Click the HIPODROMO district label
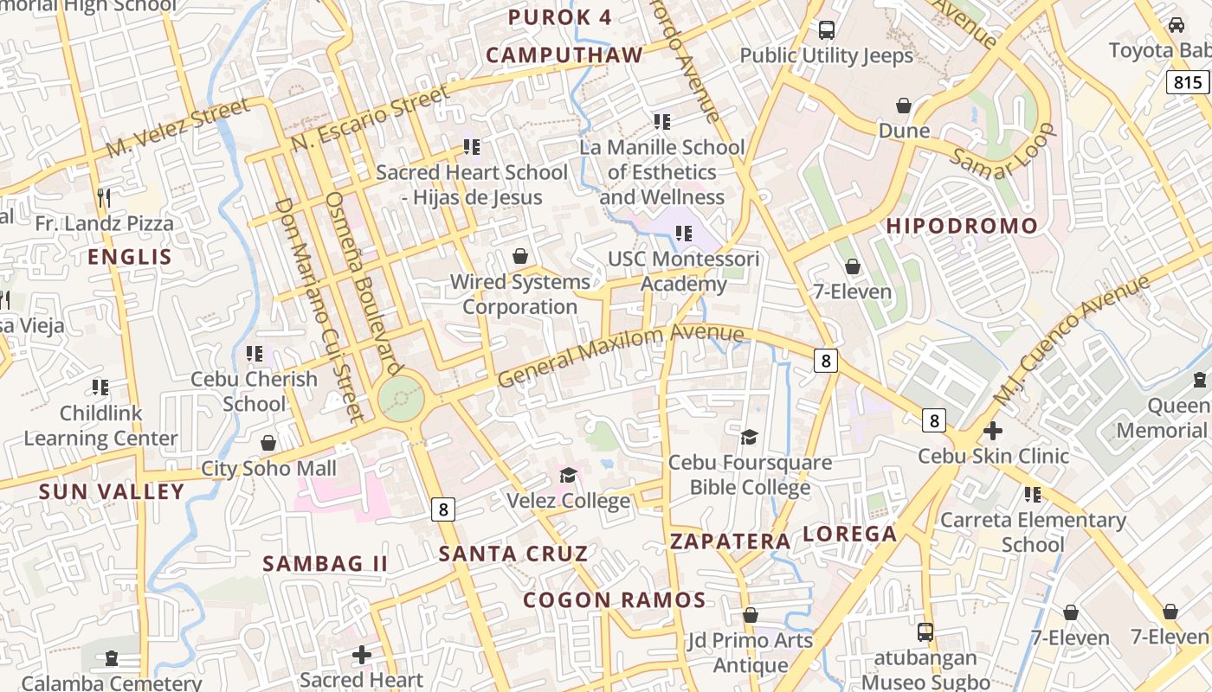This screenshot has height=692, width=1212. point(962,227)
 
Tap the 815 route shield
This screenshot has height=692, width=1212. point(1189,82)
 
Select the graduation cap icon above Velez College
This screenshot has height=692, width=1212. point(568,475)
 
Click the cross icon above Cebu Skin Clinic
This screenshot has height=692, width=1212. point(993,430)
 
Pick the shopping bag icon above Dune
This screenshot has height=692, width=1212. point(904,106)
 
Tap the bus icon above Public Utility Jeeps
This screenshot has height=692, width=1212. point(827,30)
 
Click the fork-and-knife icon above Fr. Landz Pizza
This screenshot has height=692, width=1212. point(104,197)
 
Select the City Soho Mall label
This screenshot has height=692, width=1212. point(268,469)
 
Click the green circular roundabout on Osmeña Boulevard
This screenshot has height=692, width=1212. point(402,400)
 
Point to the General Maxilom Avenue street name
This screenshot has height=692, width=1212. point(620,355)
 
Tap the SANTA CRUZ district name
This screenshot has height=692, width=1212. point(513,554)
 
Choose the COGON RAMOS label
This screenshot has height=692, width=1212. point(615,599)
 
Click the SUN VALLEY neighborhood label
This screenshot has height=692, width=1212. point(113,492)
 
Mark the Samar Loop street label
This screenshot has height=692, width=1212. point(1004,152)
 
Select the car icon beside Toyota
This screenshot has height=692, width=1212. point(1176,25)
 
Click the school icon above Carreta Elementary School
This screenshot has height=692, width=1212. point(1032,495)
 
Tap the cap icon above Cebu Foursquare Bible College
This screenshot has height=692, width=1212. point(749,437)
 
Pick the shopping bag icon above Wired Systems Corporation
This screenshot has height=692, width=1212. point(520,256)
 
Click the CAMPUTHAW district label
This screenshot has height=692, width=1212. point(564,55)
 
